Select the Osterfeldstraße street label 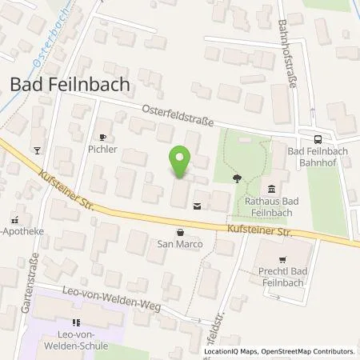coord(178,117)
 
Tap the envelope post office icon coord(198,206)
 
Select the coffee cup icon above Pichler coord(102,136)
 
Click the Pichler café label coord(102,149)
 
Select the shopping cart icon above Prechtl coord(282,259)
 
